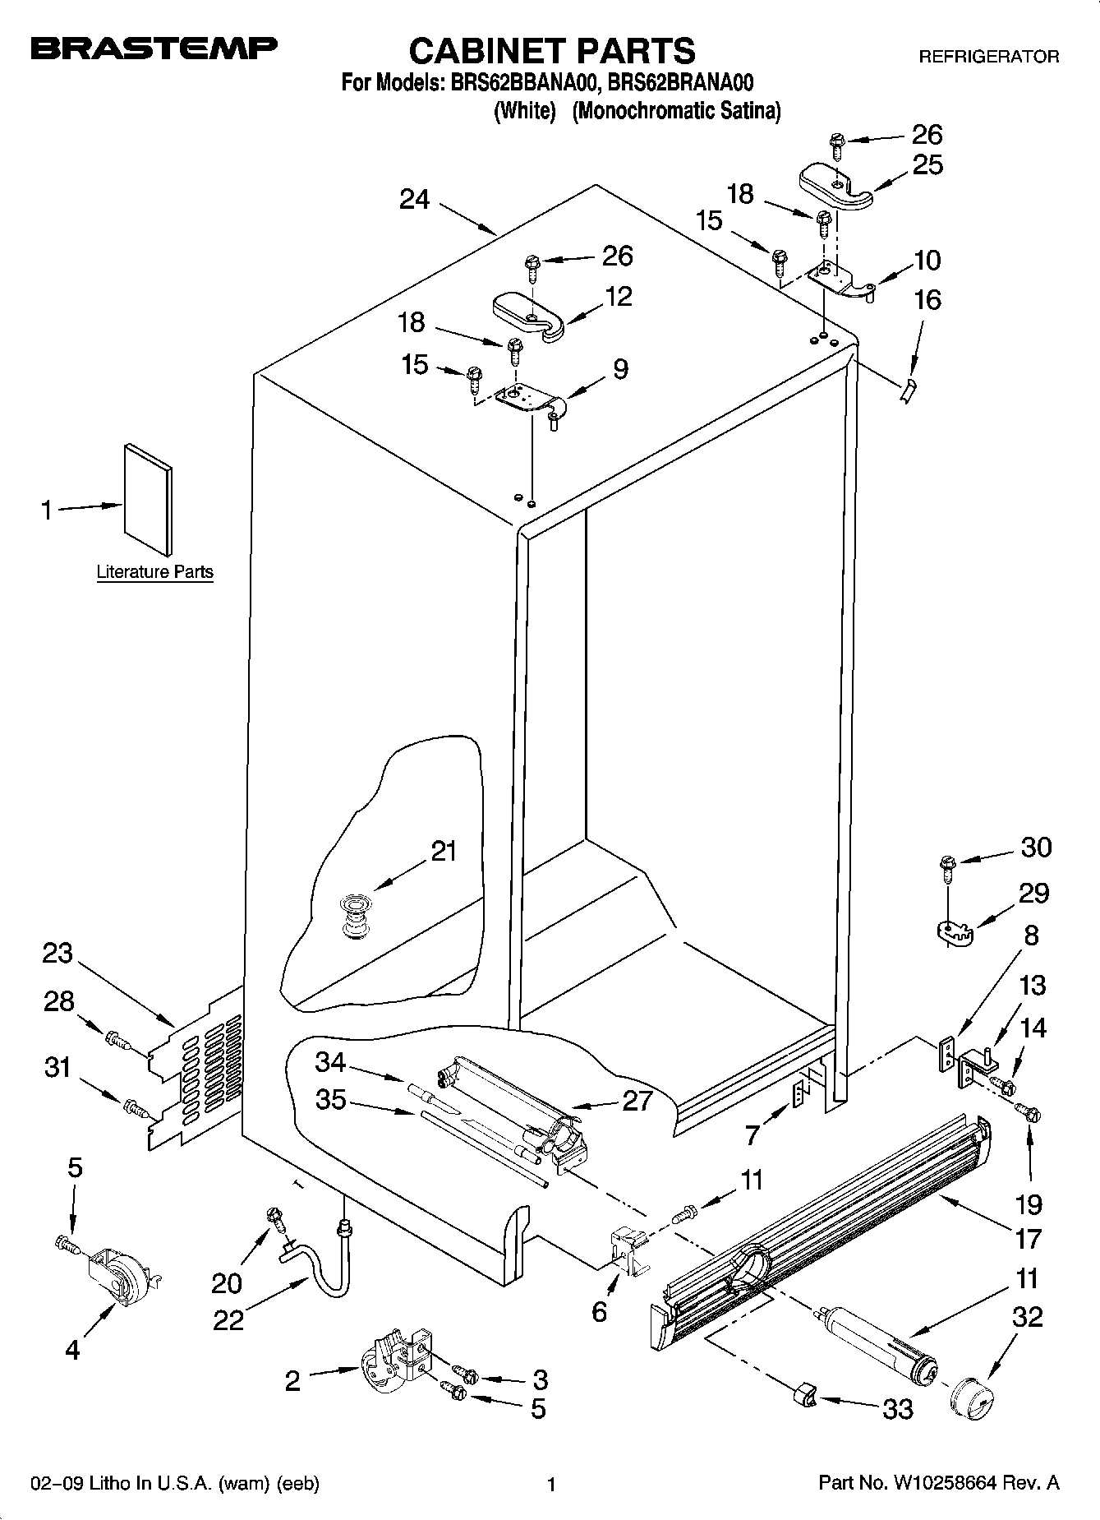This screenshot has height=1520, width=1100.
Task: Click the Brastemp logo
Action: tap(154, 50)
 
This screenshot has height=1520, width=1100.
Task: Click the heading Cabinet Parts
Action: tap(551, 51)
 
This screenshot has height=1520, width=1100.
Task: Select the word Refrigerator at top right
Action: tap(988, 57)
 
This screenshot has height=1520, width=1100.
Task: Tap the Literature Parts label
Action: tap(154, 572)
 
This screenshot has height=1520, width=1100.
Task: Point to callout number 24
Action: tap(415, 199)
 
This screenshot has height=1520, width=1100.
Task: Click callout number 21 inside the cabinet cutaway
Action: tap(444, 851)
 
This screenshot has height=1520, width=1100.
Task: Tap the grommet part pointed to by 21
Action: tap(355, 915)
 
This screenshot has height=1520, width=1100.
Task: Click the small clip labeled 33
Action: tap(804, 1394)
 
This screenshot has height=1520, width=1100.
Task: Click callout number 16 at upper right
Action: tap(927, 300)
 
